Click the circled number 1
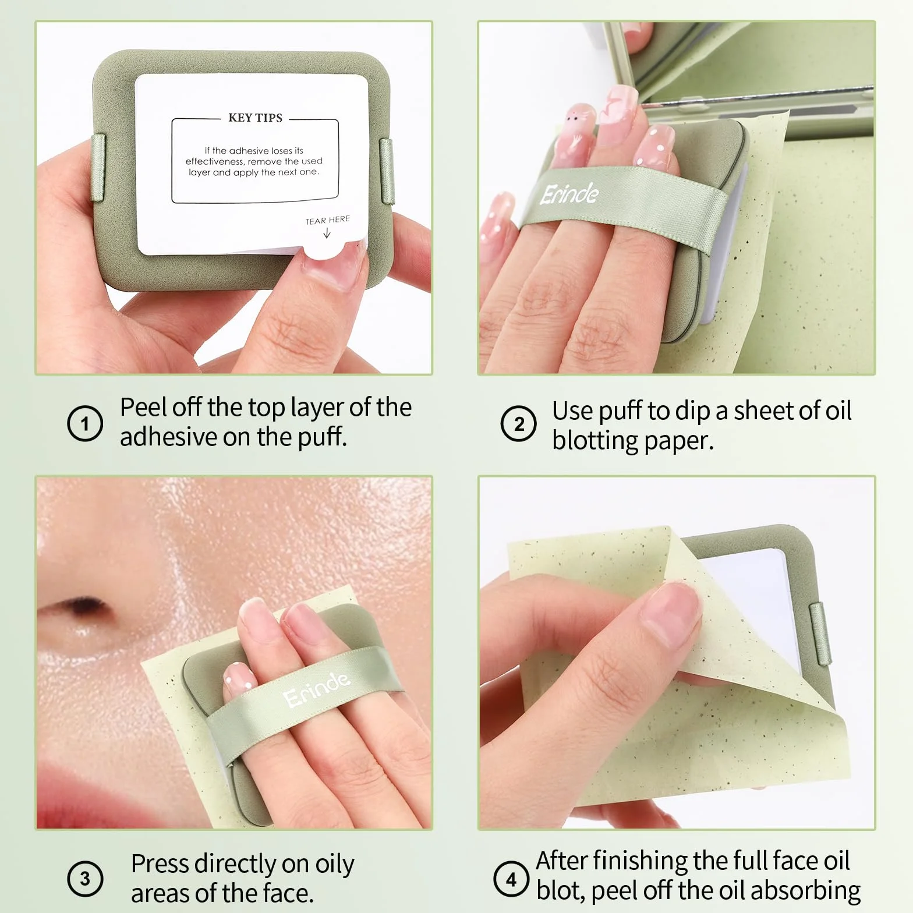click(x=85, y=423)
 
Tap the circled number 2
click(x=518, y=423)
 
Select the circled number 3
click(x=85, y=878)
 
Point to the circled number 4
click(x=511, y=879)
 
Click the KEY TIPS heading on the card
click(x=255, y=118)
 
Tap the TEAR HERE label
click(x=328, y=220)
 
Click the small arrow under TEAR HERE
click(x=327, y=233)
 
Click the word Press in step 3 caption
click(x=161, y=864)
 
